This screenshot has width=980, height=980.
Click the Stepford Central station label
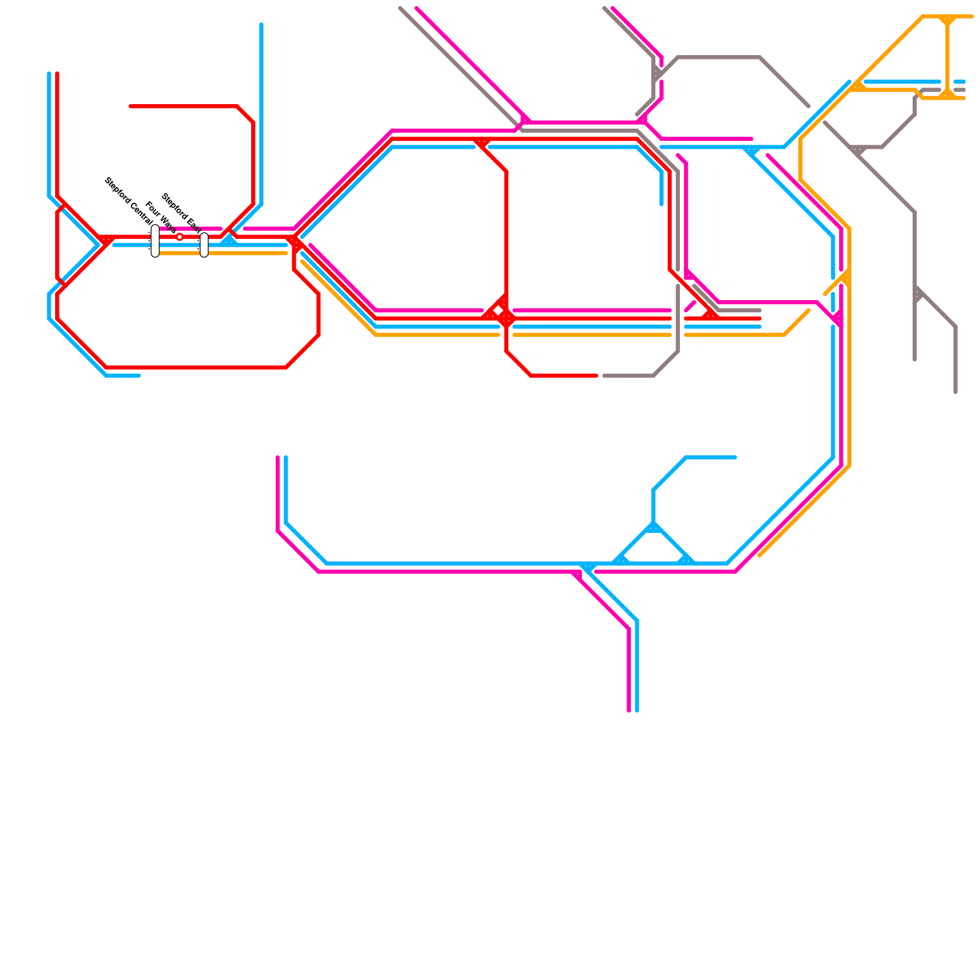[129, 200]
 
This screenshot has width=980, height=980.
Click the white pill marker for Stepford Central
[155, 241]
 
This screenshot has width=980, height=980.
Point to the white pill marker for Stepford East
[204, 245]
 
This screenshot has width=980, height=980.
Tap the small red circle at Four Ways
[179, 237]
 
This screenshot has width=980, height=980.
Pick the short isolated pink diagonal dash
[690, 306]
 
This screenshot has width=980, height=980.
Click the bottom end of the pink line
[629, 710]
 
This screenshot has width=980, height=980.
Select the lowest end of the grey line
[956, 392]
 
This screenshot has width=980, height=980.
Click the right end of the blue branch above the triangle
[735, 458]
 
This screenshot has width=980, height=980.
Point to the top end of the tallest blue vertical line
[262, 24]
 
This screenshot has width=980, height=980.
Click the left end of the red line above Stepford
[131, 107]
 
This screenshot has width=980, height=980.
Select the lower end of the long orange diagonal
[760, 556]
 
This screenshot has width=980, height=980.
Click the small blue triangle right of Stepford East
[229, 241]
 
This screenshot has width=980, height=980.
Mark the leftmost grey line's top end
[401, 9]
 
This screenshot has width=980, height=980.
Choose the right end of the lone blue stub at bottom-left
[139, 375]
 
